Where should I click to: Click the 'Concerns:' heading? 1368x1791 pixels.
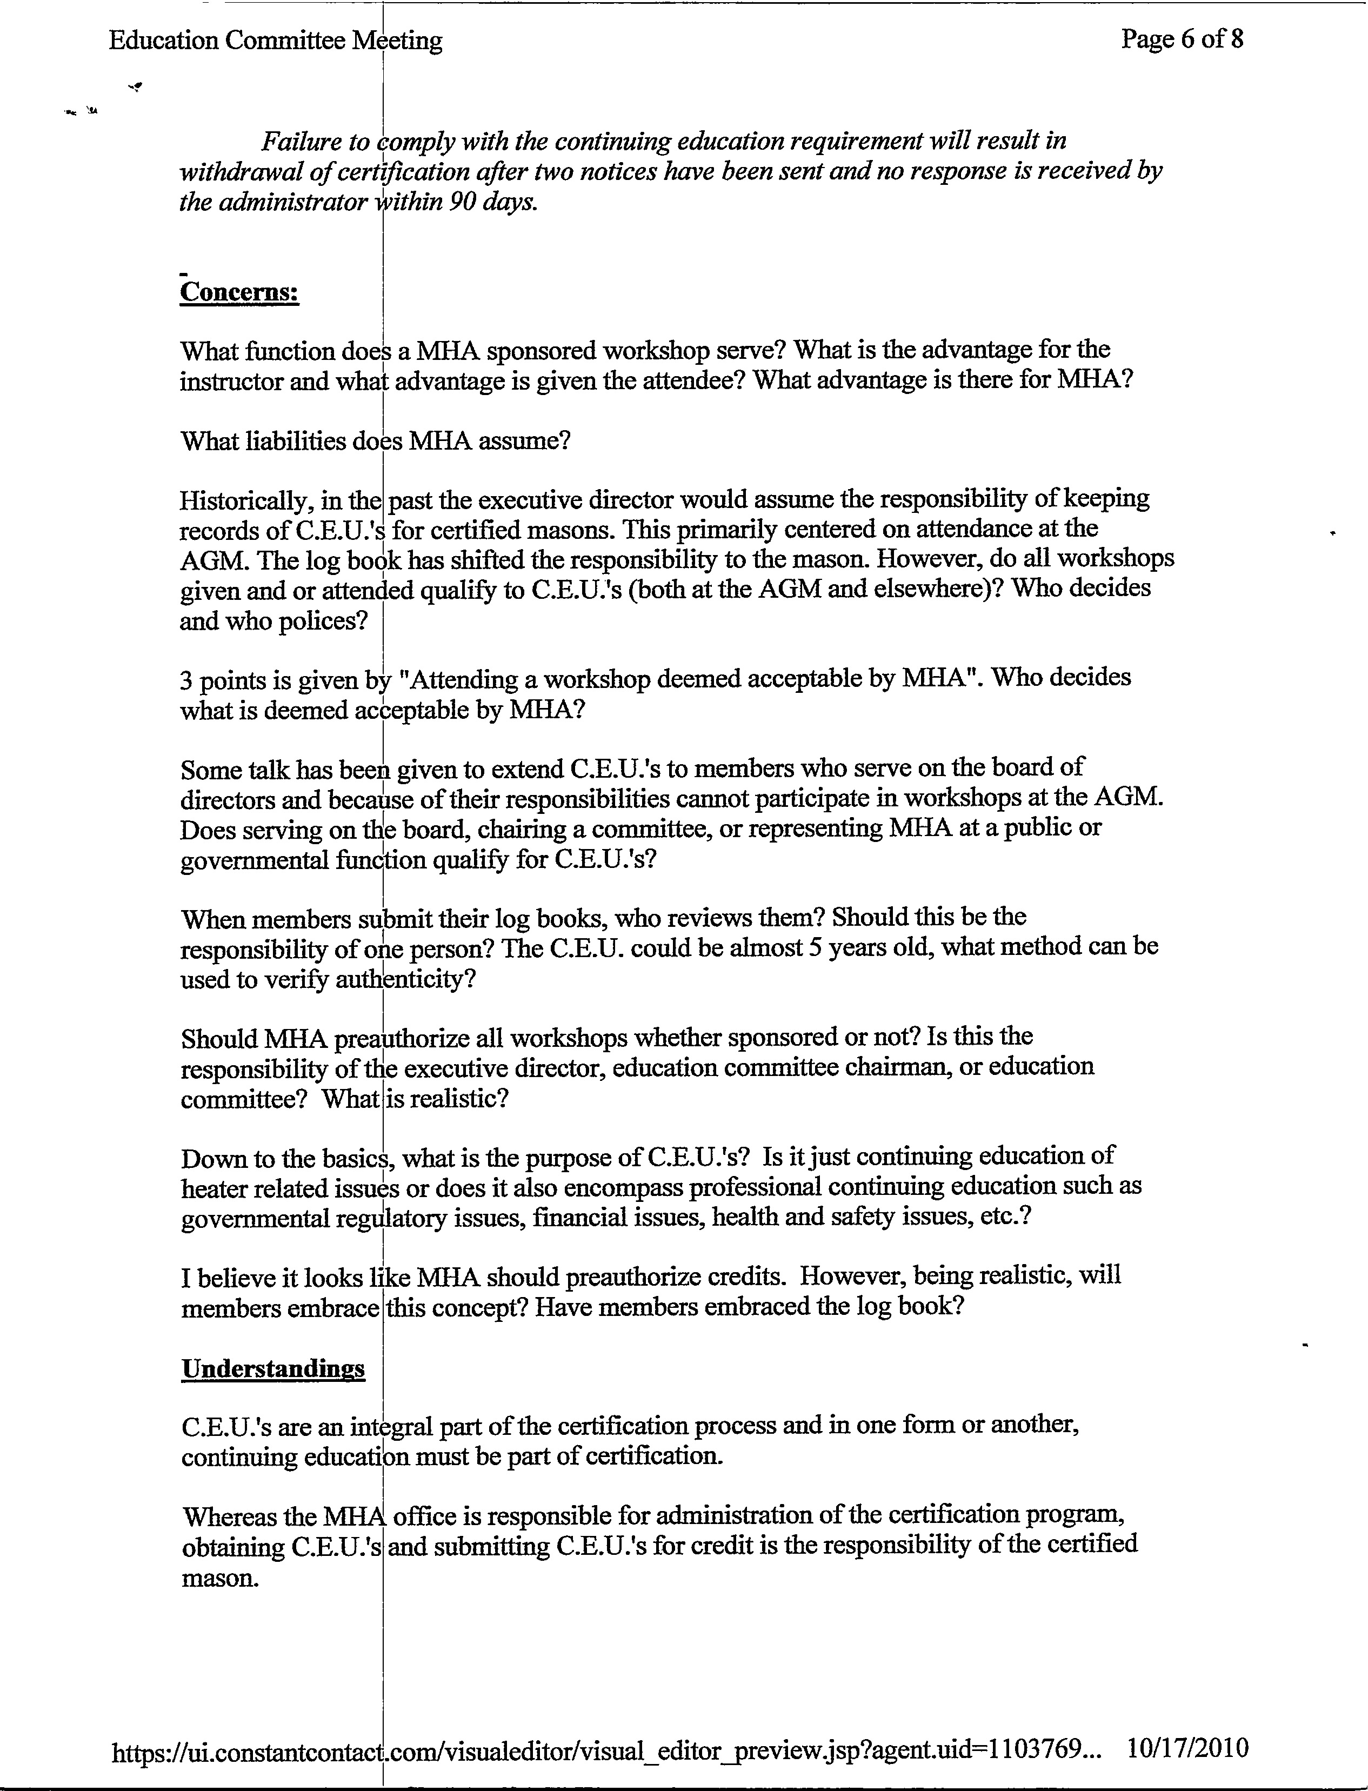click(x=239, y=291)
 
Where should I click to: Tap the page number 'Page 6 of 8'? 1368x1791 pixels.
click(x=1182, y=39)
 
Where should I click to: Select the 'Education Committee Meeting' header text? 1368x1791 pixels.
click(x=275, y=41)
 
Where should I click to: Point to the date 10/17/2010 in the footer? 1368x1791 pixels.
click(x=1187, y=1747)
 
